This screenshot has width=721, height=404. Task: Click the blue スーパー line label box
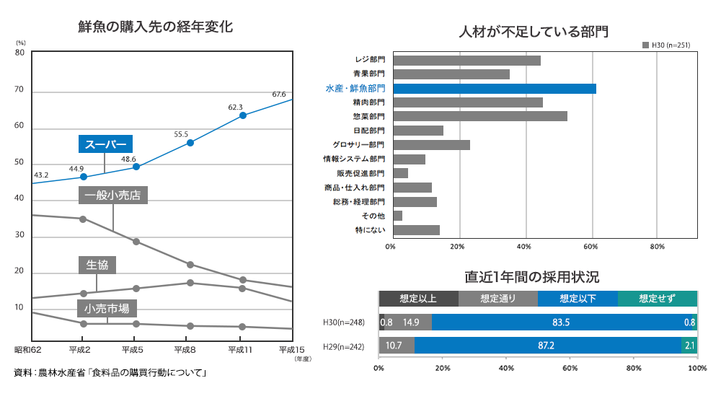(x=106, y=144)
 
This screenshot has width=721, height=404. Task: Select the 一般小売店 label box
(x=113, y=195)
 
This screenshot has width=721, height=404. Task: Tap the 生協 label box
(x=97, y=265)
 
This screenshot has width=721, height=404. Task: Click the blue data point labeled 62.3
(x=243, y=115)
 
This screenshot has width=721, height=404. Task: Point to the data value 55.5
(x=181, y=134)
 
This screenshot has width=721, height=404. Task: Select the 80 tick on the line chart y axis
(x=19, y=53)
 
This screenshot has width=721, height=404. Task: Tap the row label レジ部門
(x=370, y=60)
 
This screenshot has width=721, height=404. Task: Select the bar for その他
(x=398, y=216)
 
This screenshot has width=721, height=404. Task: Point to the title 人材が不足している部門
(x=534, y=32)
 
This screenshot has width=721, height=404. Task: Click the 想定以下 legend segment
(x=578, y=298)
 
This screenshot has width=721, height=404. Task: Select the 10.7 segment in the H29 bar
(x=397, y=346)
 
